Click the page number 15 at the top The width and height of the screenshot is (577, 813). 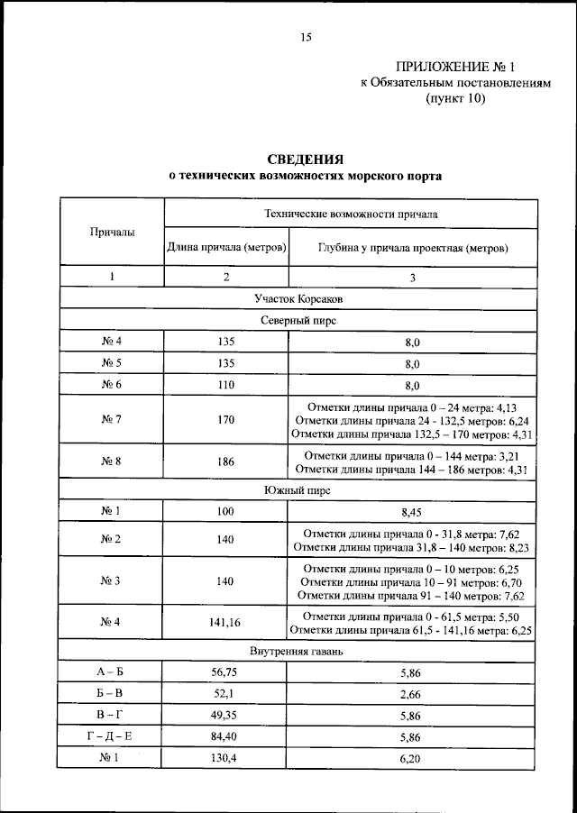click(x=306, y=37)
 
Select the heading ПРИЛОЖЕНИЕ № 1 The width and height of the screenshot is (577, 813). click(x=454, y=66)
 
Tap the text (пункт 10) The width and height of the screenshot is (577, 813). click(x=455, y=99)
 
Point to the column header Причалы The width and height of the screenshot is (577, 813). click(x=112, y=233)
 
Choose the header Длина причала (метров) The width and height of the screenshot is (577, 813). click(x=225, y=247)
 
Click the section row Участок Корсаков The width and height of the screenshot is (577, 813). click(x=298, y=298)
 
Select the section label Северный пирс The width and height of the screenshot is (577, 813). click(x=298, y=320)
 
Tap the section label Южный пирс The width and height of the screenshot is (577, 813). click(x=298, y=491)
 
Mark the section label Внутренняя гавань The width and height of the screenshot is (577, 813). click(x=298, y=651)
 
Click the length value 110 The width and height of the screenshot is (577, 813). click(x=225, y=385)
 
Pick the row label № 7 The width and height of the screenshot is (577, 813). click(x=112, y=419)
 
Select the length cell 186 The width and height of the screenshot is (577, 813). click(x=225, y=462)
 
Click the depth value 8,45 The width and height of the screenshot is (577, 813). click(x=412, y=512)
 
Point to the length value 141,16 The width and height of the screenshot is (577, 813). click(x=225, y=623)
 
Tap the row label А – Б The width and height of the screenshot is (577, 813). click(x=112, y=673)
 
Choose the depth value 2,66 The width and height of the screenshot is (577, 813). click(x=412, y=695)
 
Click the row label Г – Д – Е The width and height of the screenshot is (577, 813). click(x=112, y=736)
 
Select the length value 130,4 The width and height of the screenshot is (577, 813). click(x=225, y=758)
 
